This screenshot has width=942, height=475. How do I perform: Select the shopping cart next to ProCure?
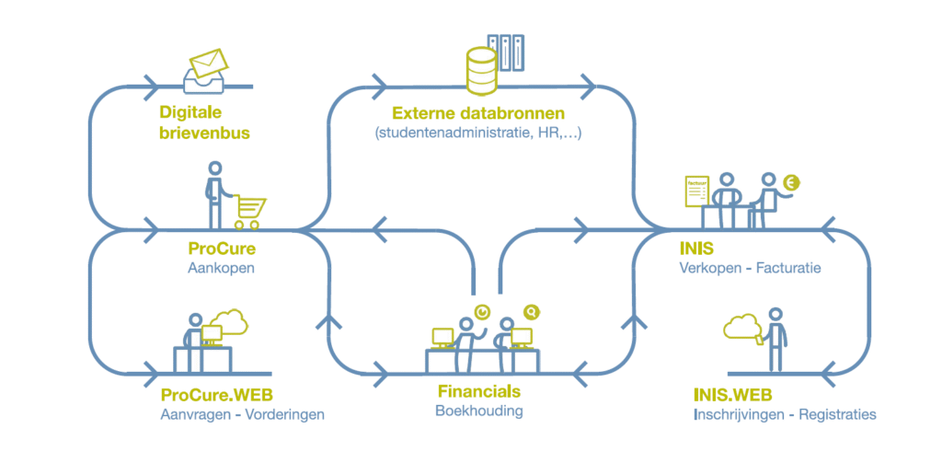click(x=250, y=212)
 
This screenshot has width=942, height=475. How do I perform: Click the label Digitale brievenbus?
click(x=204, y=122)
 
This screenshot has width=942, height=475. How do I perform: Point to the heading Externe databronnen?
click(x=478, y=114)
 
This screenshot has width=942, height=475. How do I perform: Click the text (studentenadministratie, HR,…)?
click(x=478, y=133)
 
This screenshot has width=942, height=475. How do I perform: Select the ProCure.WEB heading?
click(x=216, y=395)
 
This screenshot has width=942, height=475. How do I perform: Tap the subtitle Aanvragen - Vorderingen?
click(x=242, y=414)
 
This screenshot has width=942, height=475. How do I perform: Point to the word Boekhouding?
click(x=478, y=411)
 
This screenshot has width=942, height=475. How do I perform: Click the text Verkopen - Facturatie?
click(x=750, y=269)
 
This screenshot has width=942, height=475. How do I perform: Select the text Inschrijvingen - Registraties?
click(x=785, y=414)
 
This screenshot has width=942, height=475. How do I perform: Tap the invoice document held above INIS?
click(x=699, y=192)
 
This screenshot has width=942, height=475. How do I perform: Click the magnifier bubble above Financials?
click(x=531, y=312)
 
